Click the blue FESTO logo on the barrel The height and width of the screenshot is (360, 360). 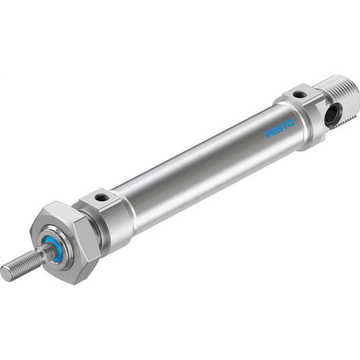pos(280,129)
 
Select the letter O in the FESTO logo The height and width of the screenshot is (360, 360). pos(291,123)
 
